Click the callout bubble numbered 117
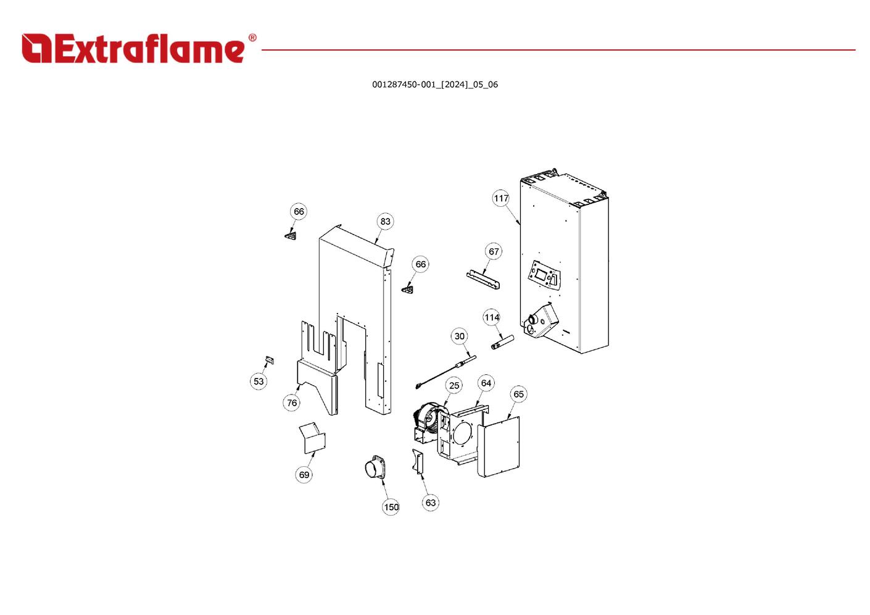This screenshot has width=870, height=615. click(501, 198)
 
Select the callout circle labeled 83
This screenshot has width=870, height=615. click(385, 221)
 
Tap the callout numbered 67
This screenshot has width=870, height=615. click(494, 251)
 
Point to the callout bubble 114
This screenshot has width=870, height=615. click(491, 317)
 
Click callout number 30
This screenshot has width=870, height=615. click(460, 337)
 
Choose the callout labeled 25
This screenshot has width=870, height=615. click(454, 385)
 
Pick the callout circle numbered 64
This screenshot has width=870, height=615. click(486, 383)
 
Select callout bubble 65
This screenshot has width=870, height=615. click(518, 394)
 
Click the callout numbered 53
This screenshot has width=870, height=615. click(259, 382)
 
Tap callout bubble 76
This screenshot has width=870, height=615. click(292, 403)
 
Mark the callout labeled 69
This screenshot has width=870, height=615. click(304, 475)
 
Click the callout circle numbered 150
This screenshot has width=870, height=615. click(391, 507)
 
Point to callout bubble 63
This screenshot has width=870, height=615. click(430, 503)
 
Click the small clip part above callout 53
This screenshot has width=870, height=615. click(270, 360)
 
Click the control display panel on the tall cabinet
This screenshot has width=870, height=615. click(545, 275)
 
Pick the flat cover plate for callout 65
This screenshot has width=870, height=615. click(499, 446)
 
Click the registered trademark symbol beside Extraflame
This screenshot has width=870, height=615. click(252, 38)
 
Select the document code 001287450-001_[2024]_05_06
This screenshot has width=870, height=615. click(435, 85)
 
